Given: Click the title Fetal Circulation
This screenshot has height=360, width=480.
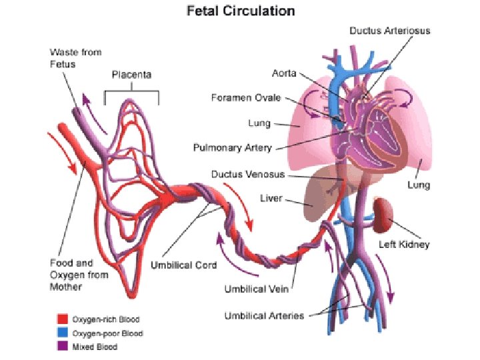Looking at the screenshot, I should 239,11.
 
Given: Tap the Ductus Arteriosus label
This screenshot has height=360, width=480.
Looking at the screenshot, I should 390,31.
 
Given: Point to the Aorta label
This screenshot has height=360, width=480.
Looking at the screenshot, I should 285,73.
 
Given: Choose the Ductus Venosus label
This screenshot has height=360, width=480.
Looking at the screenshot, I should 248,175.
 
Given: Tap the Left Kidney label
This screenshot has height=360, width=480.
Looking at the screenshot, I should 405,245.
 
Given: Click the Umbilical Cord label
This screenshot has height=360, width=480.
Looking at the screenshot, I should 185,265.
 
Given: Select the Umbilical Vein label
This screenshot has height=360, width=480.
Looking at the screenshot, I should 257,289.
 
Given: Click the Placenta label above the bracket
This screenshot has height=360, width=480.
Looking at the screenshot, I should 131,75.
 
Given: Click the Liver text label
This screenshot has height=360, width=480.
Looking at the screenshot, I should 271,199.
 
